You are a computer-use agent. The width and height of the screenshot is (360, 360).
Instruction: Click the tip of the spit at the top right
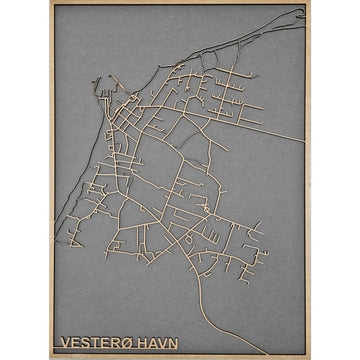(301, 12)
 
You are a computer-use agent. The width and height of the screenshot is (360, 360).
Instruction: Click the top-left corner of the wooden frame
(50, 2)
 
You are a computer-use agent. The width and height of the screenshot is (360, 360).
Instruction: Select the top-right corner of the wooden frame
(310, 2)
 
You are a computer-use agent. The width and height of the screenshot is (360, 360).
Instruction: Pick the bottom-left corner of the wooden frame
(50, 358)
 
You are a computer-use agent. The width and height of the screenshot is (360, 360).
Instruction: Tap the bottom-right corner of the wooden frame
(310, 358)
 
